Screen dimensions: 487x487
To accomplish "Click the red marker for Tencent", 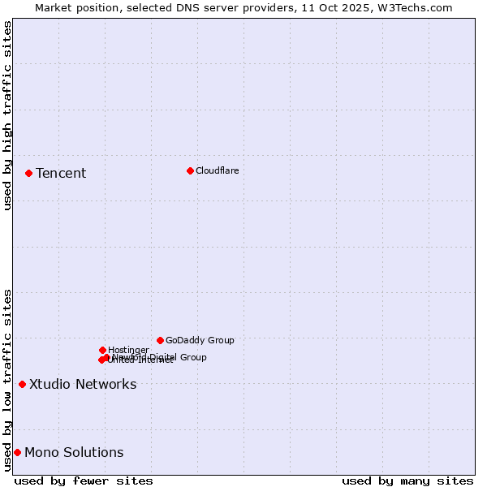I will (28, 173).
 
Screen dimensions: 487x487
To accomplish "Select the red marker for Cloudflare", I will (190, 170).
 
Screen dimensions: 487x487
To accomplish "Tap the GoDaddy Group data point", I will (160, 340).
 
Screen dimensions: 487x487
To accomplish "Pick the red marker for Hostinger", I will (102, 350).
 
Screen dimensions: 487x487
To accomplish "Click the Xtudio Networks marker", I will (22, 384).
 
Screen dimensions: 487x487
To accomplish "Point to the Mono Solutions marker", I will (17, 452).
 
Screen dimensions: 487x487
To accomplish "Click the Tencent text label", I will (61, 173).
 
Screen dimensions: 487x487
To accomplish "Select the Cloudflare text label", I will (217, 170).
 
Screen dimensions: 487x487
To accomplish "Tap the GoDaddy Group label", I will (200, 340).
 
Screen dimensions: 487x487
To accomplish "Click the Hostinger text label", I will (128, 350).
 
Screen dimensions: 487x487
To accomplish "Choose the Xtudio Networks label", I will (83, 384).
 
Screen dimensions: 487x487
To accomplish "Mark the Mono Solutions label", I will (74, 452).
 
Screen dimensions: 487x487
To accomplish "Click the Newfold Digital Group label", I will (160, 356).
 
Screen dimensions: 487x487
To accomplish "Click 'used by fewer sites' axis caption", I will (84, 481).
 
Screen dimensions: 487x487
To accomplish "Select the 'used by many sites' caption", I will (407, 481).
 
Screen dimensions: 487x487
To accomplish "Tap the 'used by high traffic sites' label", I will (7, 115).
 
